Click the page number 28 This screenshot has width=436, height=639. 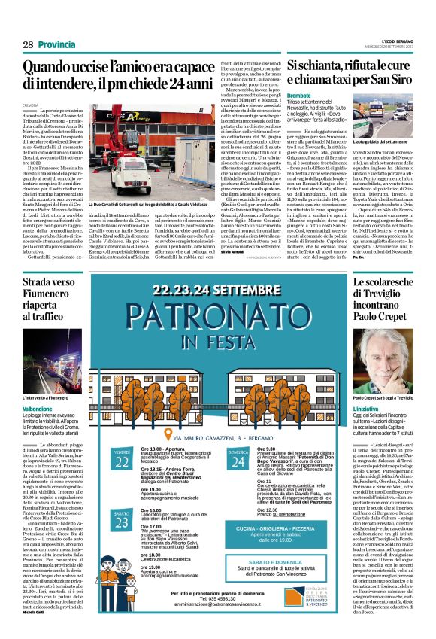coord(27,45)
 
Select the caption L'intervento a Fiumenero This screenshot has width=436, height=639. coord(46,395)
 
